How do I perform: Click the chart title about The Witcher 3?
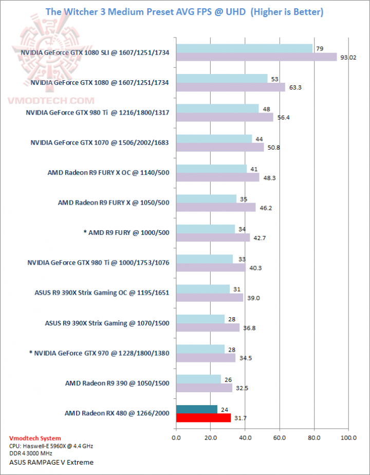(184, 11)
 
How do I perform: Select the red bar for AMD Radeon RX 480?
(203, 417)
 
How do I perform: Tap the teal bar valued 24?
(197, 409)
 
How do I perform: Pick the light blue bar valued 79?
(244, 48)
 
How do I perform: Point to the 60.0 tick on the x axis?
(280, 437)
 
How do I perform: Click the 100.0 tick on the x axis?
(348, 437)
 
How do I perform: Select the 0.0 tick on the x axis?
(176, 437)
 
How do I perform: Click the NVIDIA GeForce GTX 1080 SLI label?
(95, 52)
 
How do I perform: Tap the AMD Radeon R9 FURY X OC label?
(109, 173)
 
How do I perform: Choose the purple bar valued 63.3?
(230, 87)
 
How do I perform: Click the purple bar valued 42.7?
(213, 238)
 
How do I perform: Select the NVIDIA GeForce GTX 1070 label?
(100, 142)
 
